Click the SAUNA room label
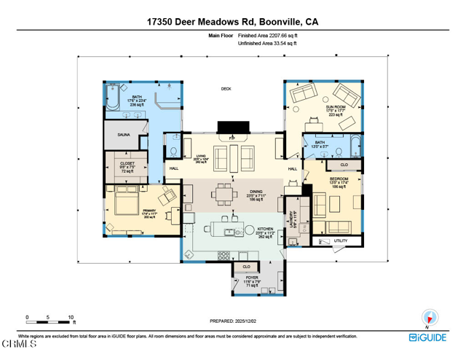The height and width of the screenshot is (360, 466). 124,135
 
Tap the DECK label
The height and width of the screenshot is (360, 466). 226,89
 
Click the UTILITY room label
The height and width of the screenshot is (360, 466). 341,240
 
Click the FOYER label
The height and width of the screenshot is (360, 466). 251,278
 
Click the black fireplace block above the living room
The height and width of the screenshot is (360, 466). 232,127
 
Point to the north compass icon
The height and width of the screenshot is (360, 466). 430,318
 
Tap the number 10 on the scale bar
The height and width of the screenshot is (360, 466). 71,317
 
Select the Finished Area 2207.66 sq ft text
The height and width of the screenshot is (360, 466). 268,35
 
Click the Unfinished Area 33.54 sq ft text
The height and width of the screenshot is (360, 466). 268,44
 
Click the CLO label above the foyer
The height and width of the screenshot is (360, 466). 246,267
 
